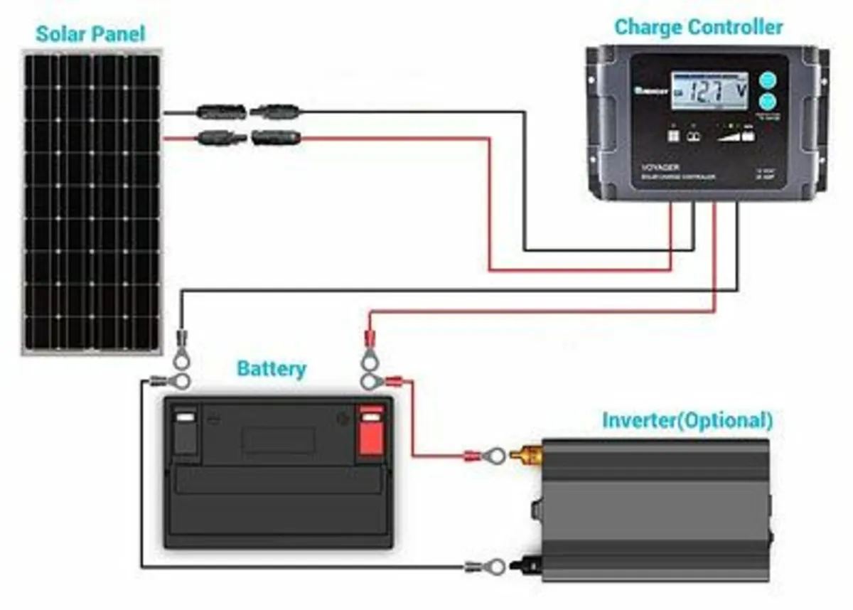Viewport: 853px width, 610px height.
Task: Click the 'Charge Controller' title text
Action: point(698,27)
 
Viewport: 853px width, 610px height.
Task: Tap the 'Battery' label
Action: point(271,369)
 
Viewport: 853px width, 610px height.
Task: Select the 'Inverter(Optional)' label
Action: point(687,419)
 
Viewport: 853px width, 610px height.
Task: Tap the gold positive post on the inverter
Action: point(527,452)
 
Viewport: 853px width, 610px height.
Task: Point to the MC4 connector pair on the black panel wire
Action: point(248,112)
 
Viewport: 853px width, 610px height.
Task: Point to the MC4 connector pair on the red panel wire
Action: point(248,137)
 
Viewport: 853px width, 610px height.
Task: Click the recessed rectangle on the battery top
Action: point(278,440)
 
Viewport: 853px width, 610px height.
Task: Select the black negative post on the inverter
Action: point(530,566)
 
